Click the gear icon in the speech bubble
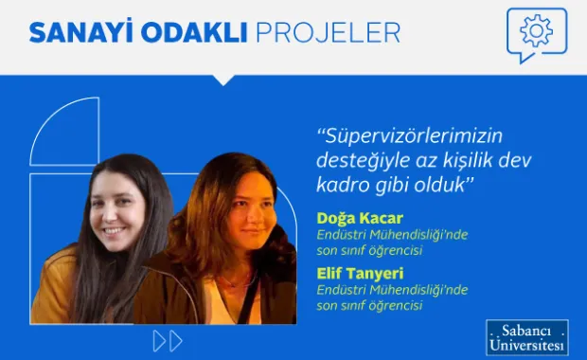point(536,31)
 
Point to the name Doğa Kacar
point(361,219)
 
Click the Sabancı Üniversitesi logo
point(527,337)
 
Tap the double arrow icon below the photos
point(167,340)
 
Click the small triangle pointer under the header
point(223,80)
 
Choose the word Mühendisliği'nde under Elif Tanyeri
point(417,289)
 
